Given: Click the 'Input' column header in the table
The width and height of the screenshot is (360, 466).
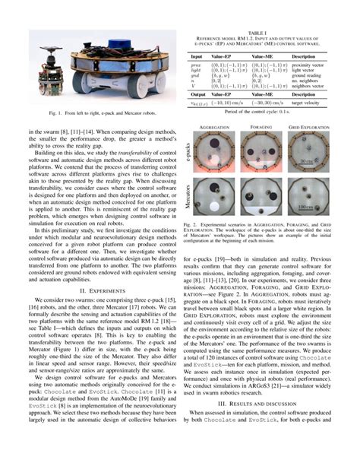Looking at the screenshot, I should point(197,56).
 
